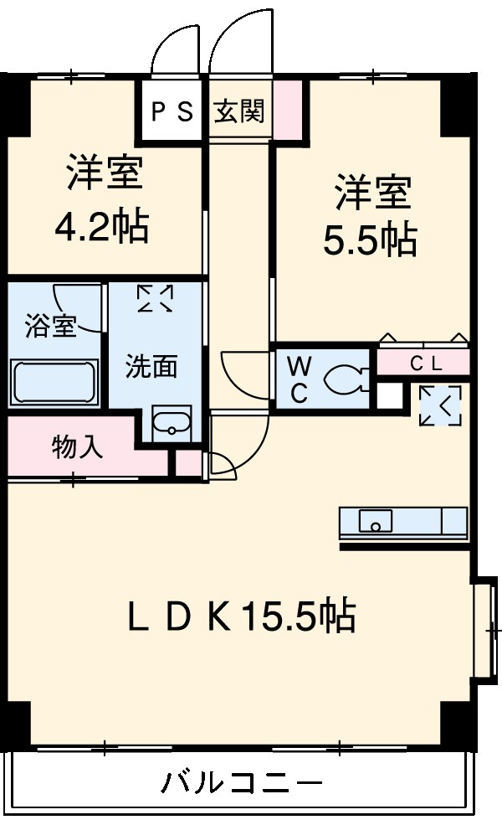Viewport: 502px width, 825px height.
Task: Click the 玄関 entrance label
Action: (x=239, y=111)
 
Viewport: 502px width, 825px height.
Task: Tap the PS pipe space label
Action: (x=172, y=111)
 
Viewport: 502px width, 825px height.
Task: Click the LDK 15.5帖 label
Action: (x=241, y=618)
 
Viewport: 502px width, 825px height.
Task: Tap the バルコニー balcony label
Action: (x=241, y=785)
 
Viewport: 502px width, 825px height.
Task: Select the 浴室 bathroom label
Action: (x=50, y=326)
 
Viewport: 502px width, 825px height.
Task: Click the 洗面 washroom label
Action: (x=152, y=366)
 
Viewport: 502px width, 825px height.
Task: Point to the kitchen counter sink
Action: (x=376, y=522)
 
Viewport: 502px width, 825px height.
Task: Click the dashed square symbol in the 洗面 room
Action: (x=155, y=299)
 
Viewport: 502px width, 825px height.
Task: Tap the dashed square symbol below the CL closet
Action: (x=440, y=407)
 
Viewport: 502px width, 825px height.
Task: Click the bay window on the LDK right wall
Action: (x=483, y=627)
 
